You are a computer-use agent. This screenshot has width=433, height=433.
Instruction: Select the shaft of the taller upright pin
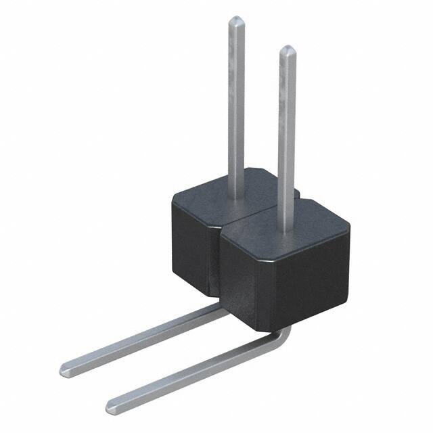coord(235,101)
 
